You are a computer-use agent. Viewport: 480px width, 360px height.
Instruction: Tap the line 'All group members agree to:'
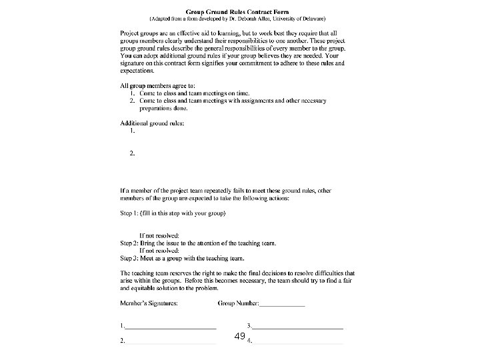coord(157,86)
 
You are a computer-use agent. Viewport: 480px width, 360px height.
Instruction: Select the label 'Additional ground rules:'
coord(151,123)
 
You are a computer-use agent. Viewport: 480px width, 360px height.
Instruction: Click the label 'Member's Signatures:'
coord(149,303)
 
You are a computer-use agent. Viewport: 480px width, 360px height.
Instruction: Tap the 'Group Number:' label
coord(239,303)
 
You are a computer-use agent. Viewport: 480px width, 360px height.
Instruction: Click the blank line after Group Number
coord(282,304)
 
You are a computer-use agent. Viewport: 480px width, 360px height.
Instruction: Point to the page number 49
coord(240,337)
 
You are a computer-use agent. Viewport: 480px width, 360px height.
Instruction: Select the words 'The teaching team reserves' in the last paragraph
coord(157,273)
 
